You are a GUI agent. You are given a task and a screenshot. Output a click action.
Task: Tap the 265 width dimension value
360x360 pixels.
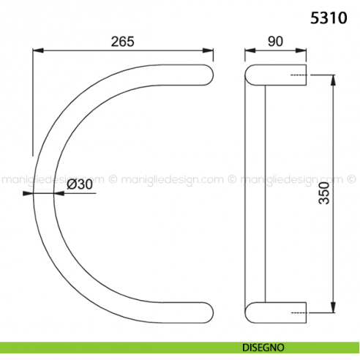click(x=122, y=42)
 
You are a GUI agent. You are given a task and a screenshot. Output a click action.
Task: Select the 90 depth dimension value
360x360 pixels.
click(x=275, y=42)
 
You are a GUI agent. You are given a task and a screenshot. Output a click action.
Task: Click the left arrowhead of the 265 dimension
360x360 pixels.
click(x=37, y=50)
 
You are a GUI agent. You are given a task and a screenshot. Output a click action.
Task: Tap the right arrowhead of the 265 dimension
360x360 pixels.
click(x=211, y=50)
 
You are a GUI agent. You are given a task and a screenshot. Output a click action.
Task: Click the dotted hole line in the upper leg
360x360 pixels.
click(x=298, y=75)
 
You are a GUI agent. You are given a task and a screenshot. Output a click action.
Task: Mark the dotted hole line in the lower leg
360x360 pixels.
click(x=298, y=310)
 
